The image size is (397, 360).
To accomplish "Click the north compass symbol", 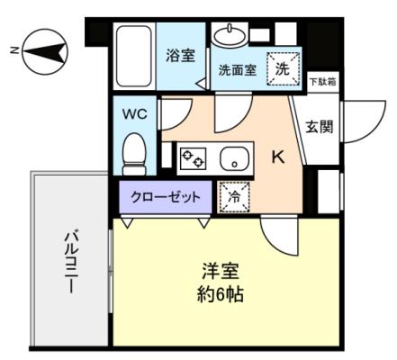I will point(41,51).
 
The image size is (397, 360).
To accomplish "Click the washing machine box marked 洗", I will point(283,67).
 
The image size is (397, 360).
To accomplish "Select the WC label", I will point(136,114).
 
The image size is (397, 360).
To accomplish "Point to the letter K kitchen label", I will point(279,157).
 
